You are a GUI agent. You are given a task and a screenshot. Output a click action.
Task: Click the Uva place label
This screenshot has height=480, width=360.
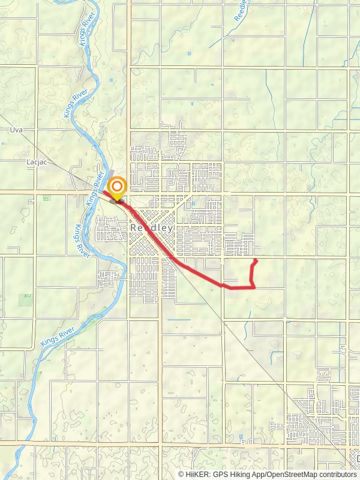coord(15,130)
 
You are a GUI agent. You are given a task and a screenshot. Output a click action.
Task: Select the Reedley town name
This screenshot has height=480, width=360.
coord(152,228)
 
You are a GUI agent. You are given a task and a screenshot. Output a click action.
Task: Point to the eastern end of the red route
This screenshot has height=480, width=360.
coord(256,260)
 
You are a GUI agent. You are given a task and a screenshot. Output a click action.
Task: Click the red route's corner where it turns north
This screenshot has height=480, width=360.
coord(254,287)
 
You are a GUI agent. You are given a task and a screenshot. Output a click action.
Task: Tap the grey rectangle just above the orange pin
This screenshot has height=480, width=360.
coord(113,173)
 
